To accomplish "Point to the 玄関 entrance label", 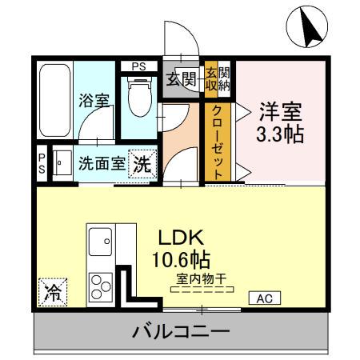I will (x=182, y=78).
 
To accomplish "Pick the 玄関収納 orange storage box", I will (x=217, y=79).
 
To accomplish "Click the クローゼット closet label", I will (x=218, y=142).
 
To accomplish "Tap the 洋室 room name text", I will (x=279, y=110).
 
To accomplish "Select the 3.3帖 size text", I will (x=279, y=134).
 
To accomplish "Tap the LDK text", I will (x=182, y=238).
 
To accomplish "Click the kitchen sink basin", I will (x=101, y=239).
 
